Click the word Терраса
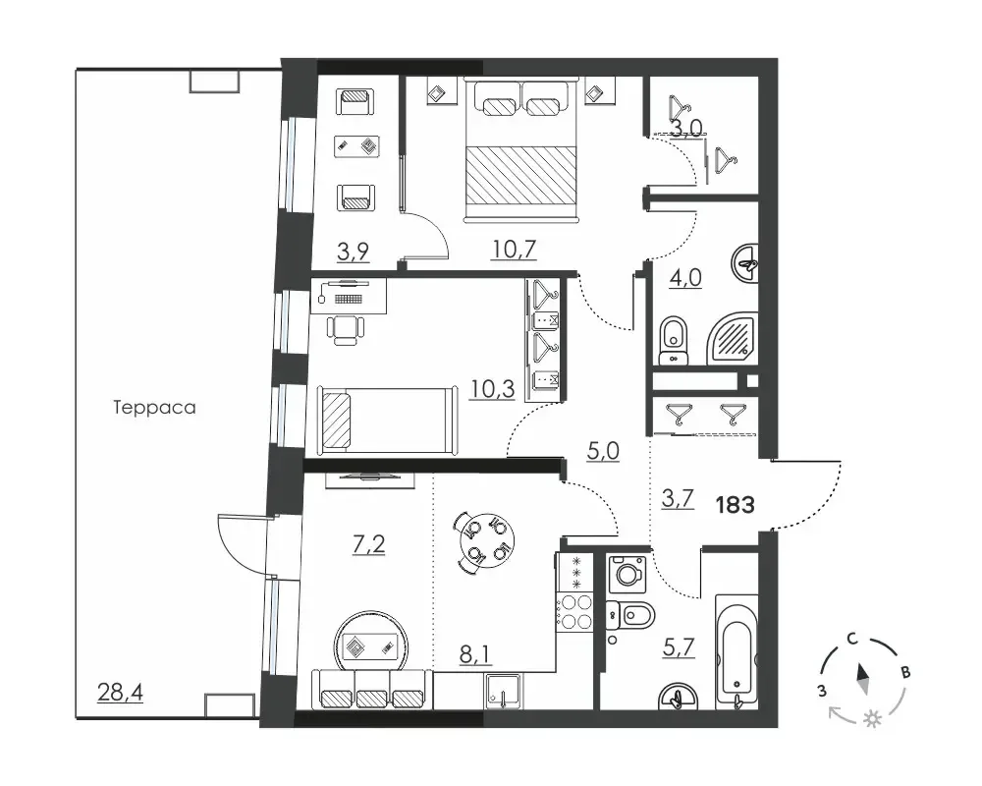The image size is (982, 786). point(154,408)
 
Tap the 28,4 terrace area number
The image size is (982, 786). point(120,693)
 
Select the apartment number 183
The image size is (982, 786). point(735,505)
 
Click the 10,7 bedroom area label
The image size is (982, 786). point(514,250)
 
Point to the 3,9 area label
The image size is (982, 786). point(354,252)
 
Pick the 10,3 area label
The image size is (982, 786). point(493,389)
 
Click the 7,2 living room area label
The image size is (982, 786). point(369,544)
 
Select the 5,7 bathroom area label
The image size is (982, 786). point(679,646)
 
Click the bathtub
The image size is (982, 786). point(736,651)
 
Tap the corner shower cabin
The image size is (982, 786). point(733,338)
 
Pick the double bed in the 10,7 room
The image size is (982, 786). point(519,149)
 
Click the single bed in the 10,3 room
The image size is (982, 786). point(388,420)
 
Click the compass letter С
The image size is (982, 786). point(851,639)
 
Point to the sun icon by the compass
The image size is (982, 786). point(870,719)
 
